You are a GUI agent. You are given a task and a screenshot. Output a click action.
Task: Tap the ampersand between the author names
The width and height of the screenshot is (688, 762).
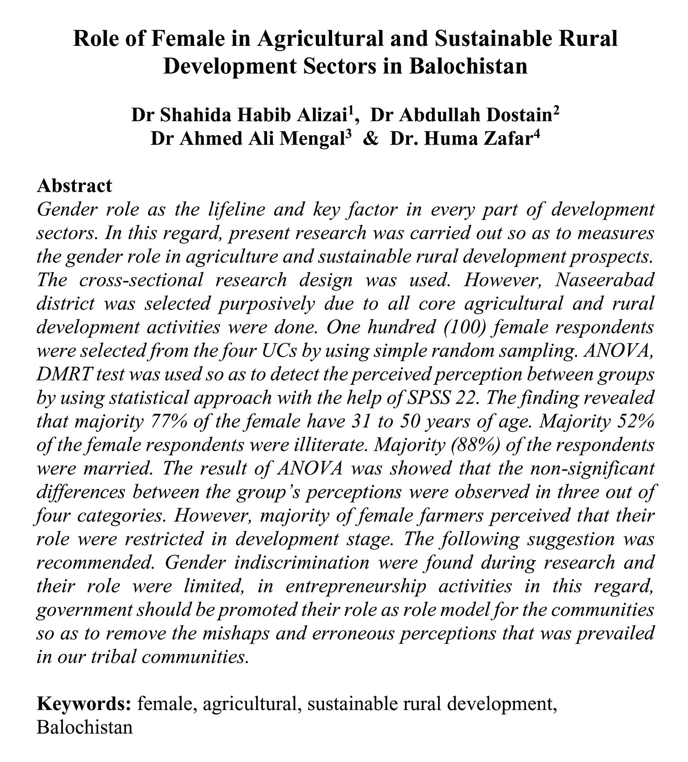[371, 139]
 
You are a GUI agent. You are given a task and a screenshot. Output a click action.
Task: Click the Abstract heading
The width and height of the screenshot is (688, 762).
[74, 185]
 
